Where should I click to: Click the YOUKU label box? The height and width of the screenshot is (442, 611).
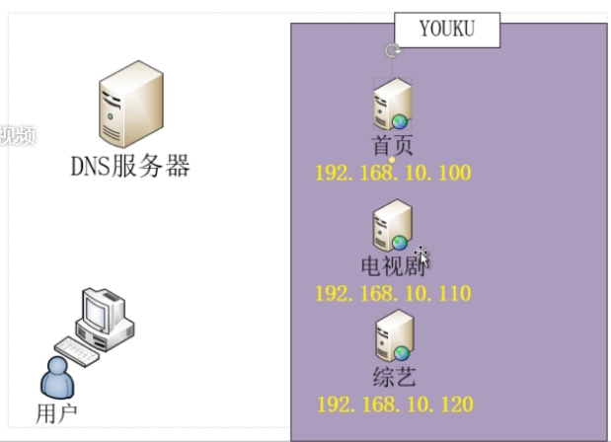(446, 30)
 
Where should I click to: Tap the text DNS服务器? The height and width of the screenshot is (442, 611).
(129, 165)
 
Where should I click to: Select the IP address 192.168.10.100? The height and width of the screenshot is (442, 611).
(393, 174)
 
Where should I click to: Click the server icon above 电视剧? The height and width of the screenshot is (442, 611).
(392, 226)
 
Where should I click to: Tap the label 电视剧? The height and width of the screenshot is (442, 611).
(392, 266)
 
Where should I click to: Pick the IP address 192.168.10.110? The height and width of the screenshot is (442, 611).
(393, 294)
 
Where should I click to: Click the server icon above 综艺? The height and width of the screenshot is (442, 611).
(392, 336)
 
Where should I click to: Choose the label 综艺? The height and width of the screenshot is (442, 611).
(394, 377)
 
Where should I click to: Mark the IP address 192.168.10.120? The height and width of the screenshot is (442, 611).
(394, 405)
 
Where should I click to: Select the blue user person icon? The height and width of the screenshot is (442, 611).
(56, 378)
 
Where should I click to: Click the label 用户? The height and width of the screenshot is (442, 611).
(55, 411)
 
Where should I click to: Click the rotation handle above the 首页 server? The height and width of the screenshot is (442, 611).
(392, 51)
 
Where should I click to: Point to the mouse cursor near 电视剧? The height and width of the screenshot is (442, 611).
(422, 256)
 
